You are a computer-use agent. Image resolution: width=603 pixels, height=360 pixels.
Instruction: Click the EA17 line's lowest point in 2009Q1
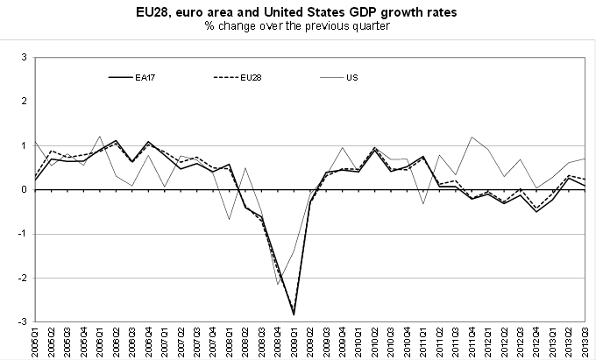click(x=294, y=314)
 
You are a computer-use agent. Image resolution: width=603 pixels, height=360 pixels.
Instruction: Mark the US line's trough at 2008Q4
click(x=278, y=284)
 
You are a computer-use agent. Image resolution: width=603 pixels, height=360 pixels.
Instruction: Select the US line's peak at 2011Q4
click(x=472, y=137)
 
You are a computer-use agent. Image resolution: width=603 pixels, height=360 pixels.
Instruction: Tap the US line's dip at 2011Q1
click(x=423, y=203)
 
